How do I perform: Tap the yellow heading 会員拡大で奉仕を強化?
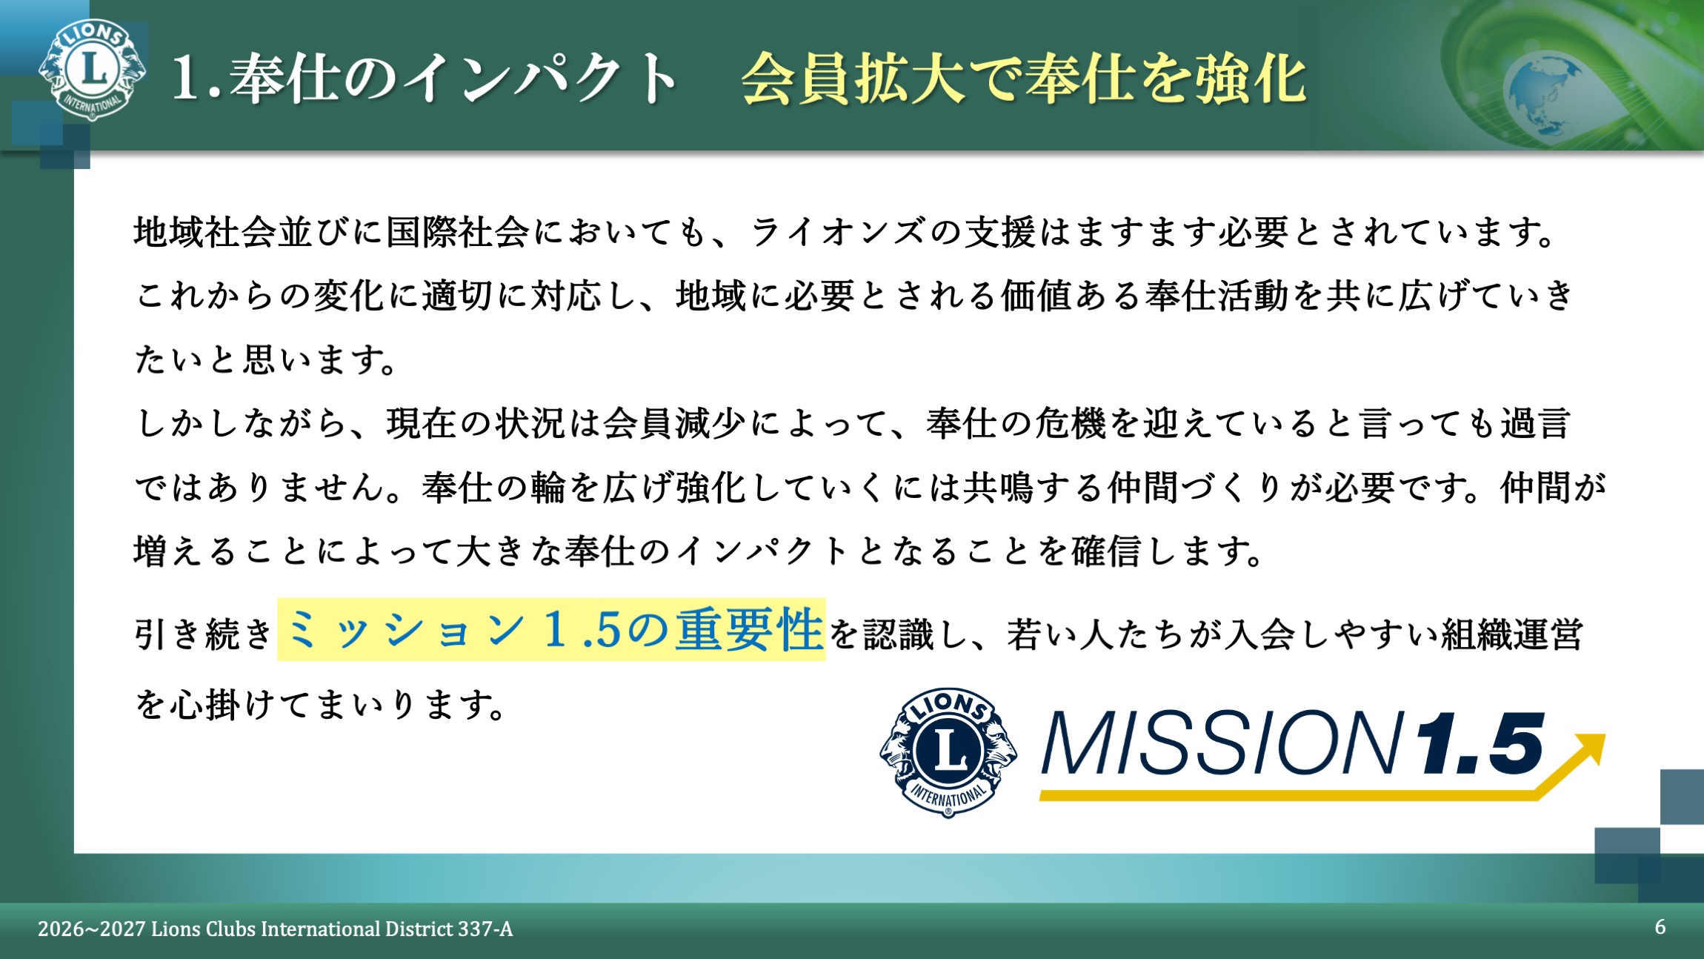tap(1024, 79)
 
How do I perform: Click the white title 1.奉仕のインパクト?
tap(424, 79)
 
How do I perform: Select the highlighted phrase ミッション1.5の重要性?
tap(551, 630)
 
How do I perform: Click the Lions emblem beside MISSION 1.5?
tap(948, 751)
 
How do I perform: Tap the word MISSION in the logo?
tap(1222, 743)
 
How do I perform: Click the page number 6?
tap(1660, 927)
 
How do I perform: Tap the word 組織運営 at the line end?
tap(1512, 634)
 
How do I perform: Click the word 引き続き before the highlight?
tap(204, 634)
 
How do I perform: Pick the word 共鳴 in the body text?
tap(999, 488)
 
